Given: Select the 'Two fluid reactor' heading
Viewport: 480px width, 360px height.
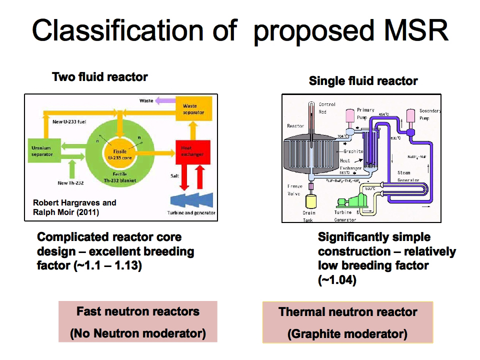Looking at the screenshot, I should [x=100, y=77].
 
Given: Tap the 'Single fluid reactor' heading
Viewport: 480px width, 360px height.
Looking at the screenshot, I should [x=363, y=81].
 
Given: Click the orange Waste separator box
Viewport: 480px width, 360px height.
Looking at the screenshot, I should [x=194, y=109].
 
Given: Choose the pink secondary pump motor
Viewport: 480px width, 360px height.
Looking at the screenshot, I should [x=412, y=116].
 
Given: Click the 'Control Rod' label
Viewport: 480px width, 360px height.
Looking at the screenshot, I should [x=326, y=108].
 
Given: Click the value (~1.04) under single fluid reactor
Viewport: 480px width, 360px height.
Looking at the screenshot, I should [x=336, y=280].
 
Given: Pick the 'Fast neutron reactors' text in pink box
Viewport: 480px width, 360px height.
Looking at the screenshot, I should [x=137, y=311].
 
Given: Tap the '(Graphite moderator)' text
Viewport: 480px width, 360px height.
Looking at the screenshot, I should [x=347, y=333].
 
